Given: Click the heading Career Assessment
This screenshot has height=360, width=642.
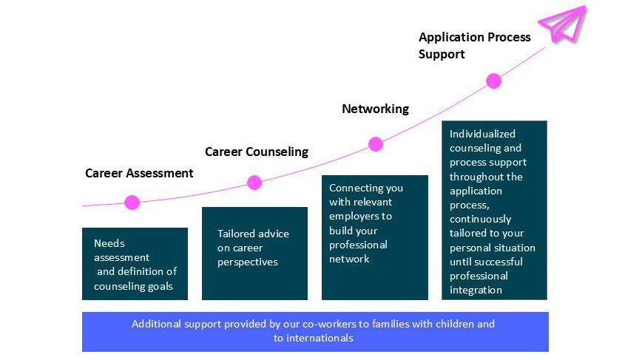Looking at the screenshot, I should [x=139, y=173].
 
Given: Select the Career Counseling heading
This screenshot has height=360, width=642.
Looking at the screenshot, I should [x=256, y=152].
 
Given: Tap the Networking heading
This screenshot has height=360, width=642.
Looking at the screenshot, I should [x=375, y=109].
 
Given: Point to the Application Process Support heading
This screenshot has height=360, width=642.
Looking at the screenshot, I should [x=474, y=45].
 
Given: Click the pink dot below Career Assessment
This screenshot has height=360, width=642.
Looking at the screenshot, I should [x=132, y=202].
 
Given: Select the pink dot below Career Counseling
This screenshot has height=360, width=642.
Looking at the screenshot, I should [x=254, y=183].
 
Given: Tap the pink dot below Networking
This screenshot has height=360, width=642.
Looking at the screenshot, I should [x=376, y=144].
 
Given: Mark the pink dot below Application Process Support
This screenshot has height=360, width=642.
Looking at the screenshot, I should [x=494, y=81].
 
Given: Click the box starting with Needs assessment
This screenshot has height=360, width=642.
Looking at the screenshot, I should [x=135, y=264].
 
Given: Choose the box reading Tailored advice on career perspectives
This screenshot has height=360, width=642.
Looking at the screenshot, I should [x=254, y=254].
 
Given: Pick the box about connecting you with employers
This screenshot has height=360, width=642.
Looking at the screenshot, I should [x=375, y=237].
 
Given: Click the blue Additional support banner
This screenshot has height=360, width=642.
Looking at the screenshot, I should [x=315, y=331].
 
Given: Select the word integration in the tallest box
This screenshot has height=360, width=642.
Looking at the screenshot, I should [x=476, y=290].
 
